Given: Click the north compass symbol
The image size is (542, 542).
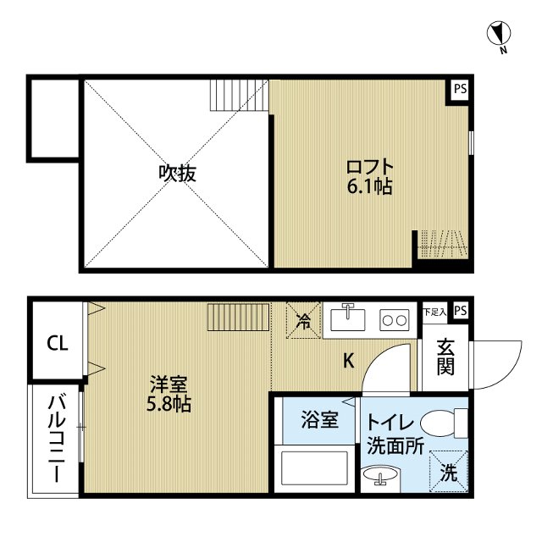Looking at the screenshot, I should click(x=501, y=35).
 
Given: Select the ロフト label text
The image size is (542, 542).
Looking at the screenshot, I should click(x=369, y=165).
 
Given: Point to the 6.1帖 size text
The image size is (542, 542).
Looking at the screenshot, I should click(x=370, y=187).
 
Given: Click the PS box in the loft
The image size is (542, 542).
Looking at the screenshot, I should click(x=458, y=89).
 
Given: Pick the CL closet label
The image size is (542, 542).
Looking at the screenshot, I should click(x=57, y=343).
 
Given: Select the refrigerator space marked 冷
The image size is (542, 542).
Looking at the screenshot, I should click(x=304, y=321).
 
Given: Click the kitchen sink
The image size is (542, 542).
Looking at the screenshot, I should click(x=348, y=319).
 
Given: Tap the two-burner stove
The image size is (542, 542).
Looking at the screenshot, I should click(x=394, y=320).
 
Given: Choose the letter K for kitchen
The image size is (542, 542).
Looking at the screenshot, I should click(x=348, y=361).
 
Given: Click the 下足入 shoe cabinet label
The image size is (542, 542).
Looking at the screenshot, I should click(x=434, y=311).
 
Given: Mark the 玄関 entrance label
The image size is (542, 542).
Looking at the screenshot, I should click(x=446, y=357).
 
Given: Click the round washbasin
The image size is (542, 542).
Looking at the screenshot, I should click(x=378, y=478).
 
